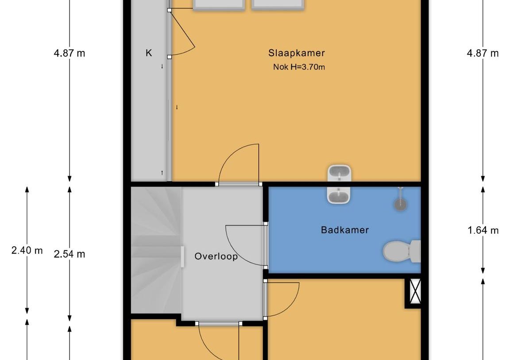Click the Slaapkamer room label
tap(296, 53)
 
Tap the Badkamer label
tap(345, 230)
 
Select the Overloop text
tap(216, 256)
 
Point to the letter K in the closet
tap(149, 53)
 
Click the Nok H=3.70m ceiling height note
tap(299, 67)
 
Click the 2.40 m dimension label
tap(27, 250)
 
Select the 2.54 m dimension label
tap(69, 254)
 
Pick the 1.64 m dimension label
tap(483, 230)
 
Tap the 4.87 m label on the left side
tap(69, 53)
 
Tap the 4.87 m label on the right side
tap(483, 53)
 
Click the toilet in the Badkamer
tap(402, 251)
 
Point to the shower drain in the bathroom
tap(400, 204)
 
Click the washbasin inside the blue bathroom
tap(339, 195)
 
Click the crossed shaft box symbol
tap(414, 291)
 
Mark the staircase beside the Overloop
tap(156, 250)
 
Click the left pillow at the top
tap(219, 4)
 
